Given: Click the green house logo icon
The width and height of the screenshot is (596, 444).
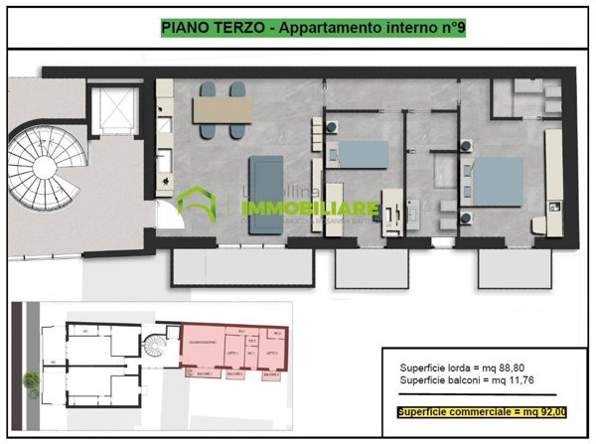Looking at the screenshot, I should point(197,204).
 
